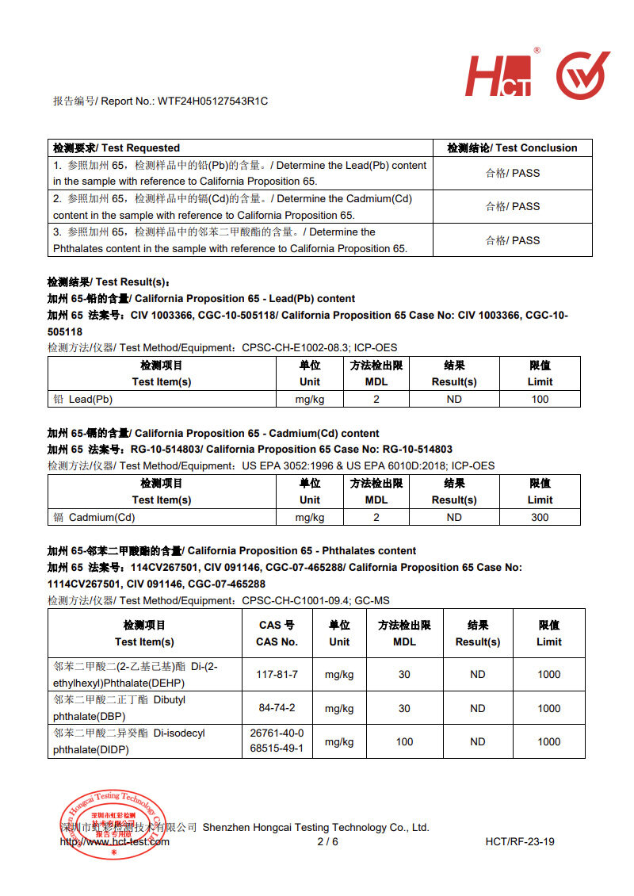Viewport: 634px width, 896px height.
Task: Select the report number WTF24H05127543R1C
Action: pos(213,101)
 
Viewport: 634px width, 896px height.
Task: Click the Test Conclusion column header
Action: pos(512,148)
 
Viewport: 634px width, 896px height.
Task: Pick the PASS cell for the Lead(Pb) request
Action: pos(512,173)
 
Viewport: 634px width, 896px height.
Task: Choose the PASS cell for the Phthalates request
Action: pos(512,240)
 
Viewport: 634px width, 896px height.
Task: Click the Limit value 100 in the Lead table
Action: pos(540,399)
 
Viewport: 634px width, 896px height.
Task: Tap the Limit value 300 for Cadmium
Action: pos(540,517)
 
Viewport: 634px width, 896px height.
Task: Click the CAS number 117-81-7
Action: pos(277,675)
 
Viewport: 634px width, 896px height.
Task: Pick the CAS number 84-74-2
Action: pos(277,708)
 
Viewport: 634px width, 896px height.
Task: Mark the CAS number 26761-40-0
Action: pos(277,733)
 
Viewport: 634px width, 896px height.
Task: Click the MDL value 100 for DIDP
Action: pos(404,741)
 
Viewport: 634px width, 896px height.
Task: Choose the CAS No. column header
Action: pos(277,634)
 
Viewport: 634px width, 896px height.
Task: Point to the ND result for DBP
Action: pos(477,708)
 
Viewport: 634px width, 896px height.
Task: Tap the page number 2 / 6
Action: pos(327,841)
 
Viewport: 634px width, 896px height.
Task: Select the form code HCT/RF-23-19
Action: pos(520,841)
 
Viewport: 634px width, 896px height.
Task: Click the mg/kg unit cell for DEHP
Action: pos(339,675)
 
